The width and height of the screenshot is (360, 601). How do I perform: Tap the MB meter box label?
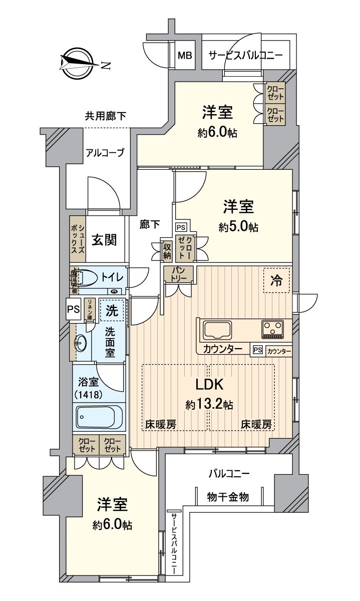pyautogui.click(x=185, y=55)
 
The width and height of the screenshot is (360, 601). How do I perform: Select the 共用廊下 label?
pyautogui.click(x=105, y=117)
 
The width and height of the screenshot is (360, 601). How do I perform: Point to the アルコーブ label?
pyautogui.click(x=105, y=153)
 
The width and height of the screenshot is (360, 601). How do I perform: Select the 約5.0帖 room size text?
pyautogui.click(x=238, y=227)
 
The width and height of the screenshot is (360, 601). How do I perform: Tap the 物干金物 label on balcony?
pyautogui.click(x=228, y=497)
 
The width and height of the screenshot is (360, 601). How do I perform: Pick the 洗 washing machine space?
pyautogui.click(x=111, y=310)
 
